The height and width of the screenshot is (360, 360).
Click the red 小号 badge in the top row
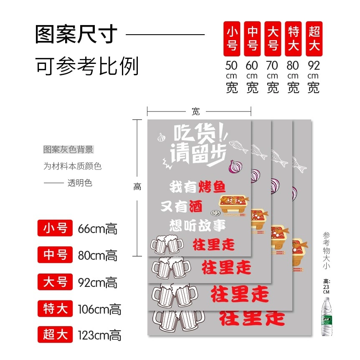[232, 39]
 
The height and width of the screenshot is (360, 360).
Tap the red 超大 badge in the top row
[314, 39]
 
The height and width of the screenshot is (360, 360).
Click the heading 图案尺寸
[76, 34]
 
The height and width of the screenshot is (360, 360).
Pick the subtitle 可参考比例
[87, 66]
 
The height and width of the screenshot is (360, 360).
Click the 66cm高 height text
[98, 229]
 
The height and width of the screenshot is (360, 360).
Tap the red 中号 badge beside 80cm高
[55, 255]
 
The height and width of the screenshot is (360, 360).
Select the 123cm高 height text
[99, 335]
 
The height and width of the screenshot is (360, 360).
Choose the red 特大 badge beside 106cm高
[55, 308]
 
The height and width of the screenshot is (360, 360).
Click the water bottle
[327, 317]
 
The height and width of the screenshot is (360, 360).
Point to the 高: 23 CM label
[327, 286]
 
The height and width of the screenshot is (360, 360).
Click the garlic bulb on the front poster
[161, 137]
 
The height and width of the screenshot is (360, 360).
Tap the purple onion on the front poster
[235, 167]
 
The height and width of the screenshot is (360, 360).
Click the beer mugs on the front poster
[167, 244]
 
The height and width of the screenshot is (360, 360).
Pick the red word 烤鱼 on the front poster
[212, 187]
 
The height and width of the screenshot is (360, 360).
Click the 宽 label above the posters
[196, 112]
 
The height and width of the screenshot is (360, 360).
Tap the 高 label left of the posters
[137, 187]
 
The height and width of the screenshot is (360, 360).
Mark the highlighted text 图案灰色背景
[68, 150]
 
